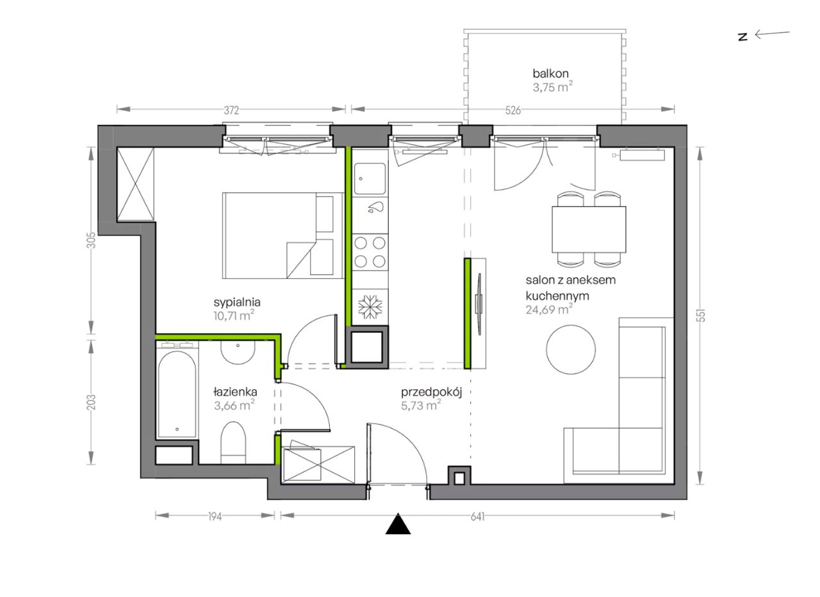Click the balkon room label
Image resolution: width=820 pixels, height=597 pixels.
pos(550,74)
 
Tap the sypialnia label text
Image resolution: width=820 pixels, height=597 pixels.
pos(237,303)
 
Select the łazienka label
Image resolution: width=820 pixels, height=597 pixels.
pos(235,392)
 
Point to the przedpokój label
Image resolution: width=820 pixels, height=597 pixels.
pos(431,393)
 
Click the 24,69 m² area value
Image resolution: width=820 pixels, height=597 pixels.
pos(549,310)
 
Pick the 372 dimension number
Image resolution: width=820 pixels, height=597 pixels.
pos(231,111)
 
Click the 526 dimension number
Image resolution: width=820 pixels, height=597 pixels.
pos(513,111)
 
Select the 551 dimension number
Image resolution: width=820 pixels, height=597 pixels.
pos(701,315)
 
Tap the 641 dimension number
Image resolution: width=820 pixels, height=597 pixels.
pos(478,516)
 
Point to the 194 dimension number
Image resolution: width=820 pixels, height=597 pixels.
pos(215,516)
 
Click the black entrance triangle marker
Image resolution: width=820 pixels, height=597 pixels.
pos(398,524)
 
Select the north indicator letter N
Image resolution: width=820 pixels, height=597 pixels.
pos(742,37)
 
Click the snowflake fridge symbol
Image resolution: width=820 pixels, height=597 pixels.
pos(370,306)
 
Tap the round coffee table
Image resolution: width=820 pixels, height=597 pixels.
pos(571,350)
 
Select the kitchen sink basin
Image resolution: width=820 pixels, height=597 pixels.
pos(370,179)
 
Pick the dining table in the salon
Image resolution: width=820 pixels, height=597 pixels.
pos(589,229)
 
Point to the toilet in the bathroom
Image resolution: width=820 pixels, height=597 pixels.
pos(233,443)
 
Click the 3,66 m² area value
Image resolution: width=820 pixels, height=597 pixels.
pos(234,406)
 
